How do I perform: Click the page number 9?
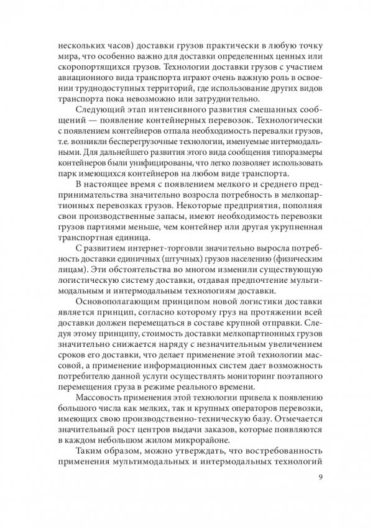point(319,478)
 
